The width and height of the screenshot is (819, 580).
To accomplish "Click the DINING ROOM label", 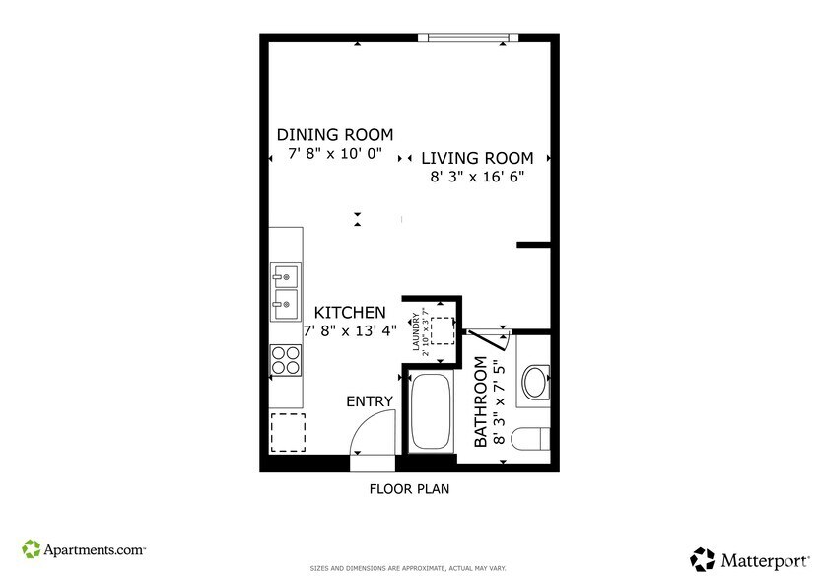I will pos(335,135).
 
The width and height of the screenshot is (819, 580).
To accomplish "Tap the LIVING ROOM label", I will pos(477,158).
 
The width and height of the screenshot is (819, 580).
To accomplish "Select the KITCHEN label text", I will pos(350,313).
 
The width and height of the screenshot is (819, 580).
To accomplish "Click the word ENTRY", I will pos(370,401).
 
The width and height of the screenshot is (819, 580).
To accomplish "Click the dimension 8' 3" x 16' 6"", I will pos(477,178).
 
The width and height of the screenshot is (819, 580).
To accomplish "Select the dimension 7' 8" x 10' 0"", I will pos(335,154).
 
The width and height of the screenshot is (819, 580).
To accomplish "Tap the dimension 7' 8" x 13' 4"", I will pos(350,330).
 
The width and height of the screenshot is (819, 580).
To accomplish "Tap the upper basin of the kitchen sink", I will pos(286,274).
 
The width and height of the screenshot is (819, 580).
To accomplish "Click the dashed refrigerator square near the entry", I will pos(288,432).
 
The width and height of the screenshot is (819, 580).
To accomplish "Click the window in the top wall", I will pos(468,38).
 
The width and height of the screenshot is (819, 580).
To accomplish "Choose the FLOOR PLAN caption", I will pos(409,488).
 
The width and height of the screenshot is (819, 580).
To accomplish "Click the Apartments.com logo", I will pos(84,548).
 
